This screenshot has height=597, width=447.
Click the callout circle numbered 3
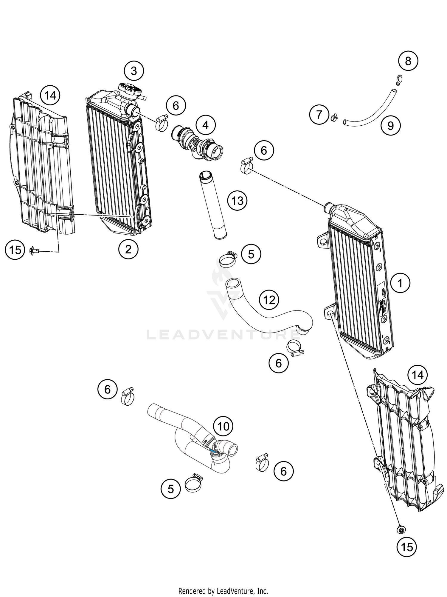click(134, 71)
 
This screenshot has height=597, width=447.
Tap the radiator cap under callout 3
click(130, 90)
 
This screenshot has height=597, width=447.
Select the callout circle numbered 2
click(128, 249)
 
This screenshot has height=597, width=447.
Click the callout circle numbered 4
click(206, 125)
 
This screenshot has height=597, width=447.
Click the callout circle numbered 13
click(237, 201)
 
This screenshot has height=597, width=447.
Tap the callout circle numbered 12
click(269, 300)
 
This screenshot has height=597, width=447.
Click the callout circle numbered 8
click(408, 61)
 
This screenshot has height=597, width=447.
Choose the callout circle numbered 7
click(319, 114)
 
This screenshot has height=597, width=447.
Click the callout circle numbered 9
click(390, 126)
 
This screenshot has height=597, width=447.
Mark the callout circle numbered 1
click(400, 283)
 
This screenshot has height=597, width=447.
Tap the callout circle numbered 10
click(223, 427)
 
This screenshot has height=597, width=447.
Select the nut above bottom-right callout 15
click(401, 530)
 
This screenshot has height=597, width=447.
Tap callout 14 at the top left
click(50, 96)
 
